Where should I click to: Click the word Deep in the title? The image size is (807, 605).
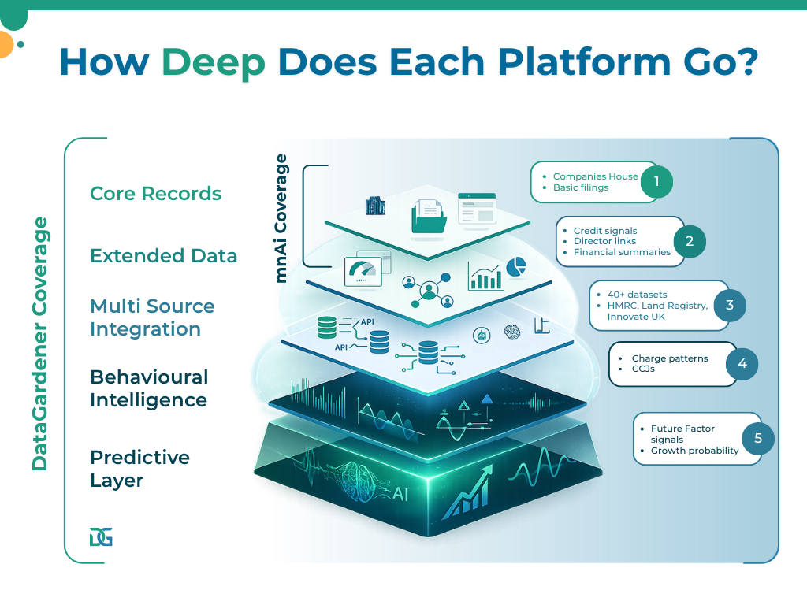214,63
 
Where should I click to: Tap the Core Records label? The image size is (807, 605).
155,194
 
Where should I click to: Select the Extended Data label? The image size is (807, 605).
163,256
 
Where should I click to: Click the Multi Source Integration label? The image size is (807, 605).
152,317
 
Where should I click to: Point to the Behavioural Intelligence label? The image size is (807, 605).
149,388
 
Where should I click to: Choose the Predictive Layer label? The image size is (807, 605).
139,469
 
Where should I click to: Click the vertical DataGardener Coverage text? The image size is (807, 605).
40,343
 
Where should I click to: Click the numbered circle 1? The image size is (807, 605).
656,182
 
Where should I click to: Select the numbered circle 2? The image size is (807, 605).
690,241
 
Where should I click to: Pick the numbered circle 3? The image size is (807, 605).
730,305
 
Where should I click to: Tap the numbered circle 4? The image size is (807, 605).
742,364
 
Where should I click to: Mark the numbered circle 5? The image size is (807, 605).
758,439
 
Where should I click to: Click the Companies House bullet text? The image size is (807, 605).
595,176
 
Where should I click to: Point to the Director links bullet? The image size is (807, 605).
604,241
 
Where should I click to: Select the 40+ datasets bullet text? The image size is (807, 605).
637,295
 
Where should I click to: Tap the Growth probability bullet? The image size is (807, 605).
694,451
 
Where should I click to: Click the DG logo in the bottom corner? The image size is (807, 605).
101,537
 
